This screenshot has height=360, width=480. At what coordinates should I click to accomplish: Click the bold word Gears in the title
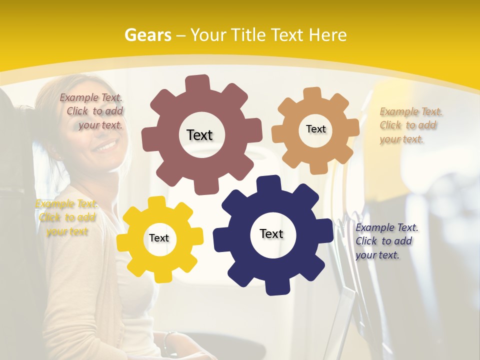click(x=147, y=35)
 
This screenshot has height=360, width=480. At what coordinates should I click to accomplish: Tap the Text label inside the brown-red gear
click(x=199, y=135)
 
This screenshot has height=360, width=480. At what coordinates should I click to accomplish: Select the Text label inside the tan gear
click(x=315, y=129)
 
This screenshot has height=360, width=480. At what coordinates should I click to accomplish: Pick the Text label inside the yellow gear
click(x=159, y=238)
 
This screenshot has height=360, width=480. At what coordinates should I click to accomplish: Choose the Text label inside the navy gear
click(x=271, y=233)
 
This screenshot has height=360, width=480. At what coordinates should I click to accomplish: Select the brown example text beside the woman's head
click(x=92, y=111)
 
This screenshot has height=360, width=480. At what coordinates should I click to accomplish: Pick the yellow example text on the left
click(x=66, y=217)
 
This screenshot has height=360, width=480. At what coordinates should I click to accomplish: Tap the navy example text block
click(x=385, y=241)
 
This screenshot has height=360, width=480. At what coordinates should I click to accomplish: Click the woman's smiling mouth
click(x=105, y=146)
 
